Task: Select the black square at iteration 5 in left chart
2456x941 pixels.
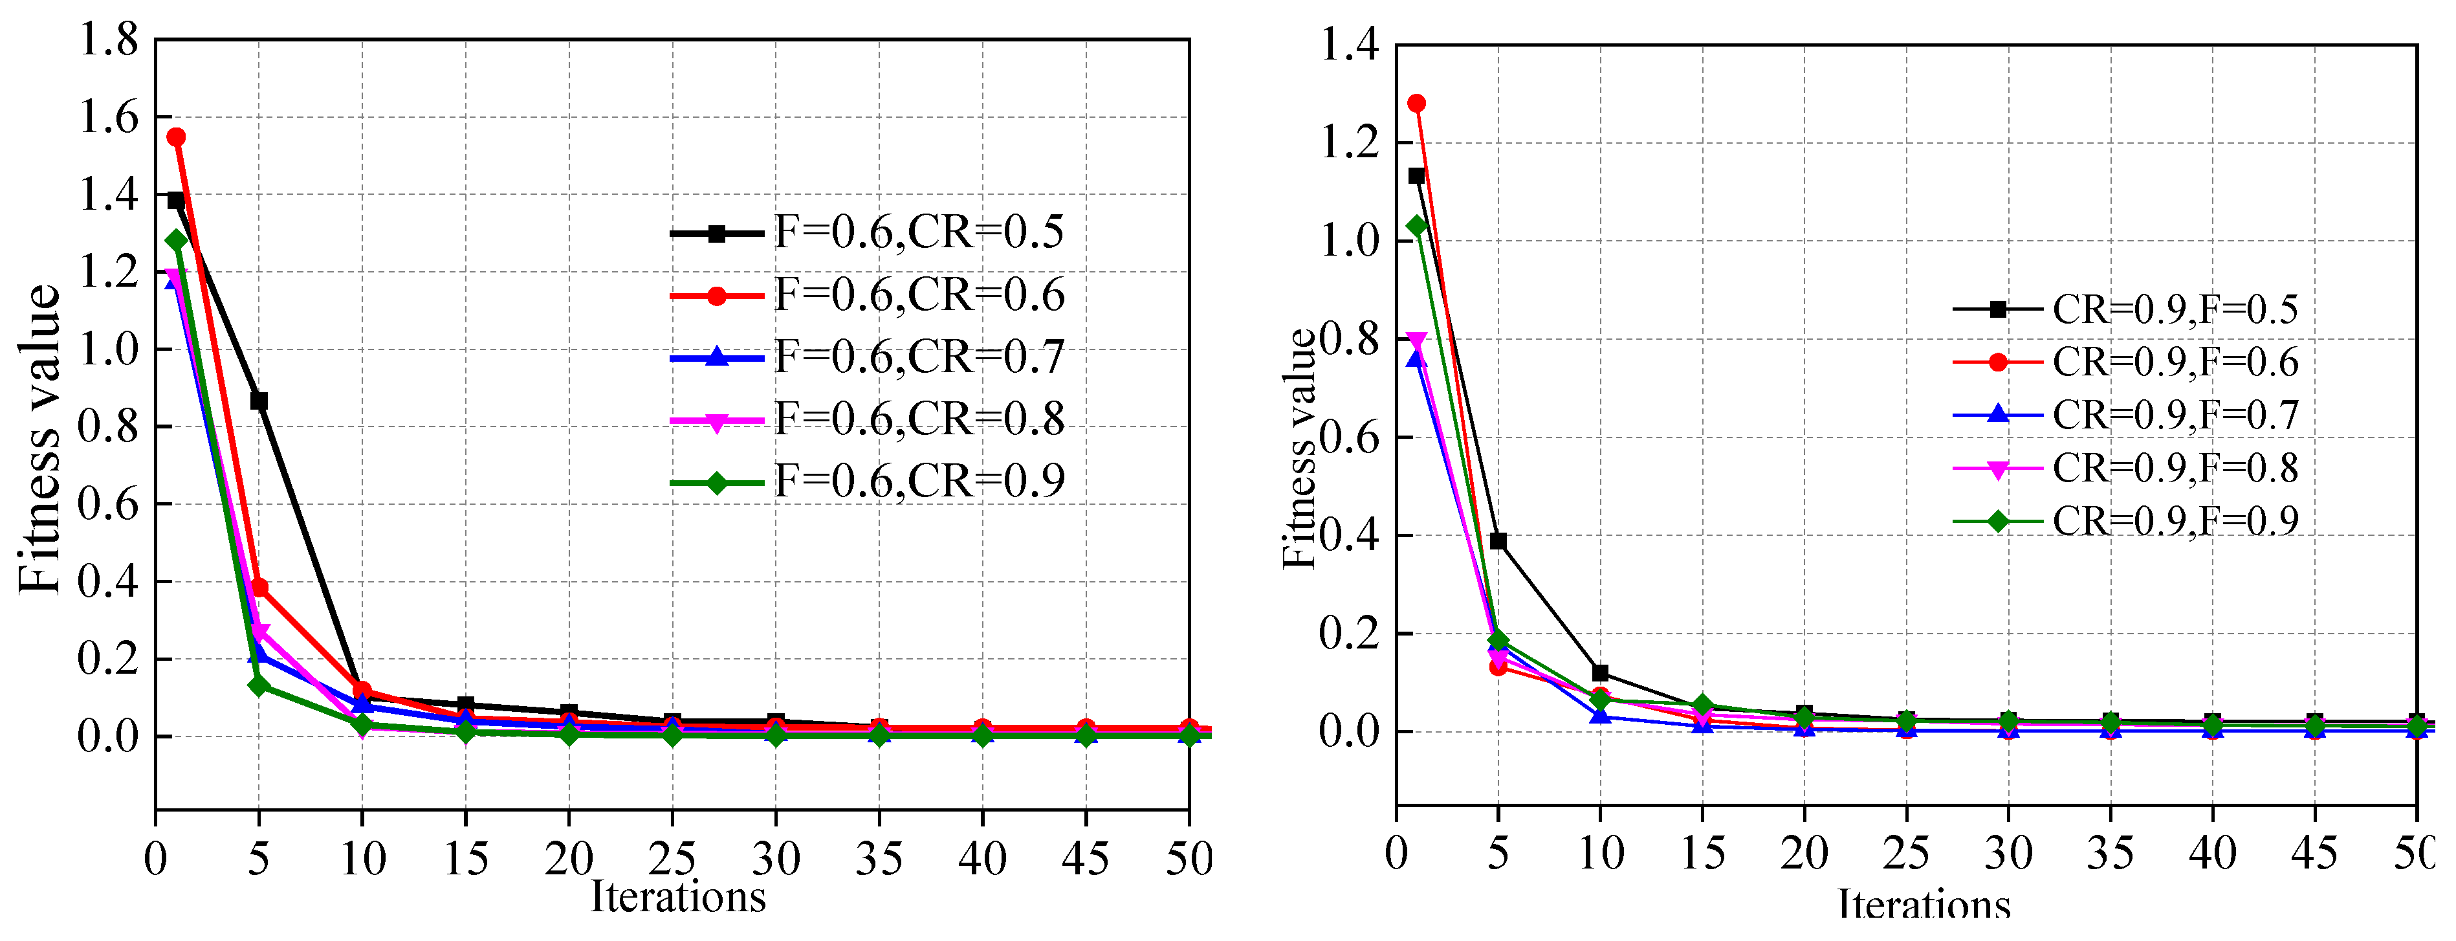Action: click(258, 401)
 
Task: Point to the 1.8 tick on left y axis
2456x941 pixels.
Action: click(108, 40)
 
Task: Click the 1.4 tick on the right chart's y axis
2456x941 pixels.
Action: click(1348, 45)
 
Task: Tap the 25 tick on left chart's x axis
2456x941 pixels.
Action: click(672, 859)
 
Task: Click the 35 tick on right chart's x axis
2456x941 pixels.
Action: click(2110, 852)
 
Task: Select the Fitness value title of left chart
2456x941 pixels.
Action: click(41, 439)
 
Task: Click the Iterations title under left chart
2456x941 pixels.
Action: click(678, 897)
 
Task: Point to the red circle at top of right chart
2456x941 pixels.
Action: click(1417, 103)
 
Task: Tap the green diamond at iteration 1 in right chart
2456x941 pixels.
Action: click(1417, 226)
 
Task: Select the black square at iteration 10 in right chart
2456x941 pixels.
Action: click(1600, 673)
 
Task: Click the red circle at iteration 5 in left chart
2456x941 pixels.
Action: click(258, 587)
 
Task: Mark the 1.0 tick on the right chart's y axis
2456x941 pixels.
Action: click(1348, 240)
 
